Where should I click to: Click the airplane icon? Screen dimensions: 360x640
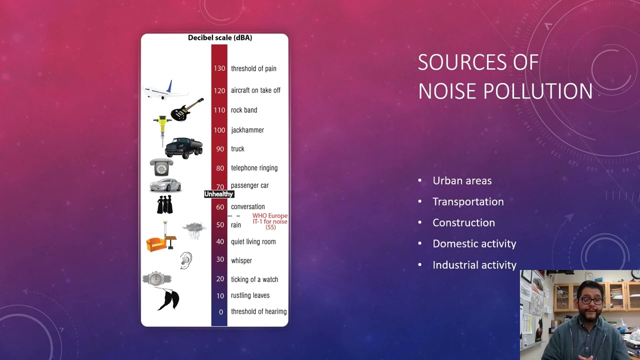165,90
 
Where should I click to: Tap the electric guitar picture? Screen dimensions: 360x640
187,109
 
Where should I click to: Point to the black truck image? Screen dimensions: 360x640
183,148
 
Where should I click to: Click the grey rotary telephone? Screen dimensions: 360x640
161,167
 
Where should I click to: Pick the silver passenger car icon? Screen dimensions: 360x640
165,185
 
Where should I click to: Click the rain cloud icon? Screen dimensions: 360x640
194,229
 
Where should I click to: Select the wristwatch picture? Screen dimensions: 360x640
156,278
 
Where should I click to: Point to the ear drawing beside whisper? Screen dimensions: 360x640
185,260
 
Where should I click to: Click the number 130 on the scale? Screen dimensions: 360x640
219,68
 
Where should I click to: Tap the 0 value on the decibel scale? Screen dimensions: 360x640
220,312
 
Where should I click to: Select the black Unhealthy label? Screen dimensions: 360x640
219,194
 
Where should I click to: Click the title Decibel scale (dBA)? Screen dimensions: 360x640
220,37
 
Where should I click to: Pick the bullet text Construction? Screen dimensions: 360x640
463,222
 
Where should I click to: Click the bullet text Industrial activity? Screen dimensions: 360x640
474,264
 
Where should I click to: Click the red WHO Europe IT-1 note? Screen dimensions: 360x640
270,221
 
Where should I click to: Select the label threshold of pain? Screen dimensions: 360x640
253,68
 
